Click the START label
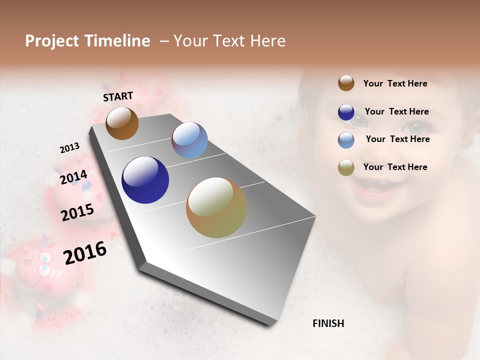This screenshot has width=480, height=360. click(118, 96)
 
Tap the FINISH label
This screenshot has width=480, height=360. click(328, 323)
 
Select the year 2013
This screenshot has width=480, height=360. click(69, 148)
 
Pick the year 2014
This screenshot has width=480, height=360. click(73, 177)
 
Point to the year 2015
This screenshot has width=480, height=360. click(77, 212)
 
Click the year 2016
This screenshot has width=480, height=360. click(85, 253)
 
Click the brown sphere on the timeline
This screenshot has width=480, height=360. click(122, 123)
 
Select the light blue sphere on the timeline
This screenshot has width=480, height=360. click(189, 140)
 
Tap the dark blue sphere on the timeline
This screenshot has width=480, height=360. click(145, 180)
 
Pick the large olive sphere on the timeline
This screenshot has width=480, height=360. click(216, 207)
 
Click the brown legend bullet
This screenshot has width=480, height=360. click(346, 83)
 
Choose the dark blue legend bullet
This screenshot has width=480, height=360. click(346, 112)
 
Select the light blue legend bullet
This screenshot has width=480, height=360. click(346, 140)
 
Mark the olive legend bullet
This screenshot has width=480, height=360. click(346, 167)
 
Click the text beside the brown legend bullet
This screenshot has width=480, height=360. click(395, 84)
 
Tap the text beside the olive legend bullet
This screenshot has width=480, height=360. click(395, 167)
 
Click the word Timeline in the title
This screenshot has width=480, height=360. click(117, 41)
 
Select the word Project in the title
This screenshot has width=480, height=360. click(52, 41)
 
